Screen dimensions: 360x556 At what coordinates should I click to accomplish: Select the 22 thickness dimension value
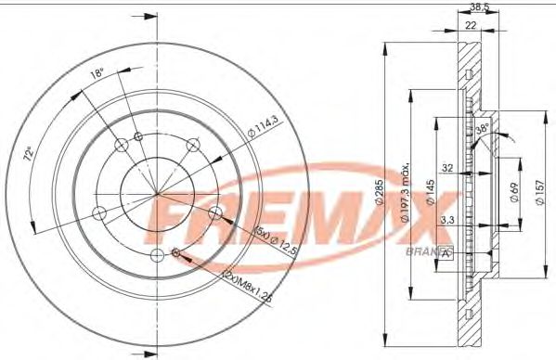(472, 25)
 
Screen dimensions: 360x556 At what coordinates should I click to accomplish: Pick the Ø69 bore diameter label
(511, 195)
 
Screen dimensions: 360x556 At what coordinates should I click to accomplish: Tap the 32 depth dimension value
(447, 169)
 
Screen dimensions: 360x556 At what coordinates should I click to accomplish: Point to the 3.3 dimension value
(446, 220)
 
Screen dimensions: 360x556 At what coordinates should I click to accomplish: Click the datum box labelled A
(446, 251)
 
